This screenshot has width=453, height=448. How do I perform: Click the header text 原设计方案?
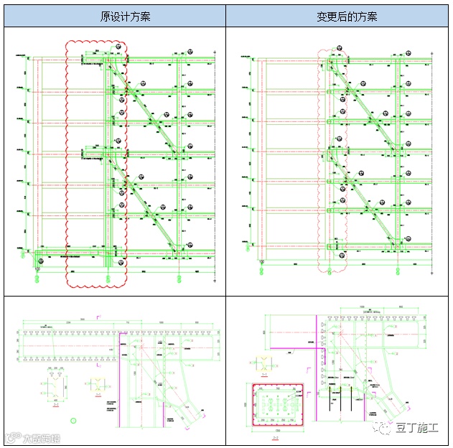(x=115, y=16)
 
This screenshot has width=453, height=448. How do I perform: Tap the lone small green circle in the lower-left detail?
(x=71, y=419)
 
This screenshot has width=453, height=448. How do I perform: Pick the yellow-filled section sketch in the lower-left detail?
(x=95, y=385)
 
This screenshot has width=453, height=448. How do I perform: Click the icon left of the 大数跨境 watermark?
(x=10, y=437)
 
